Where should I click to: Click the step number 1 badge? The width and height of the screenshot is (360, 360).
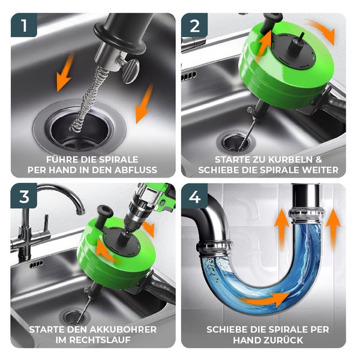[x=24, y=25]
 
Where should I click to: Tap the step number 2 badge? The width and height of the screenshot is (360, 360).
[x=194, y=25]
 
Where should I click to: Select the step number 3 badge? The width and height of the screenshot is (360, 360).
[x=24, y=196]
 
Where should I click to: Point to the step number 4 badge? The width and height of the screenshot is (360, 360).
[x=194, y=196]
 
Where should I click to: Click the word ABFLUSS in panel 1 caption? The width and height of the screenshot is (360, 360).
[x=136, y=170]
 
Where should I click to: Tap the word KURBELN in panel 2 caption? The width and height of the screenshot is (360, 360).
[x=289, y=160]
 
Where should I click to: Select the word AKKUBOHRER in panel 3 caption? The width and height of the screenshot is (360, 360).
[x=123, y=329]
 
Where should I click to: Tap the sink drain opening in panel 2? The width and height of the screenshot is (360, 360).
[x=236, y=142]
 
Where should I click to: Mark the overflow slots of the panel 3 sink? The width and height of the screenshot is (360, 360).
[x=36, y=265]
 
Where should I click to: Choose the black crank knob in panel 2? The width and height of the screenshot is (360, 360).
[x=272, y=20]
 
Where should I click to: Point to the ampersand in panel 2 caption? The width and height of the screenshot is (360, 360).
[x=319, y=160]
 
